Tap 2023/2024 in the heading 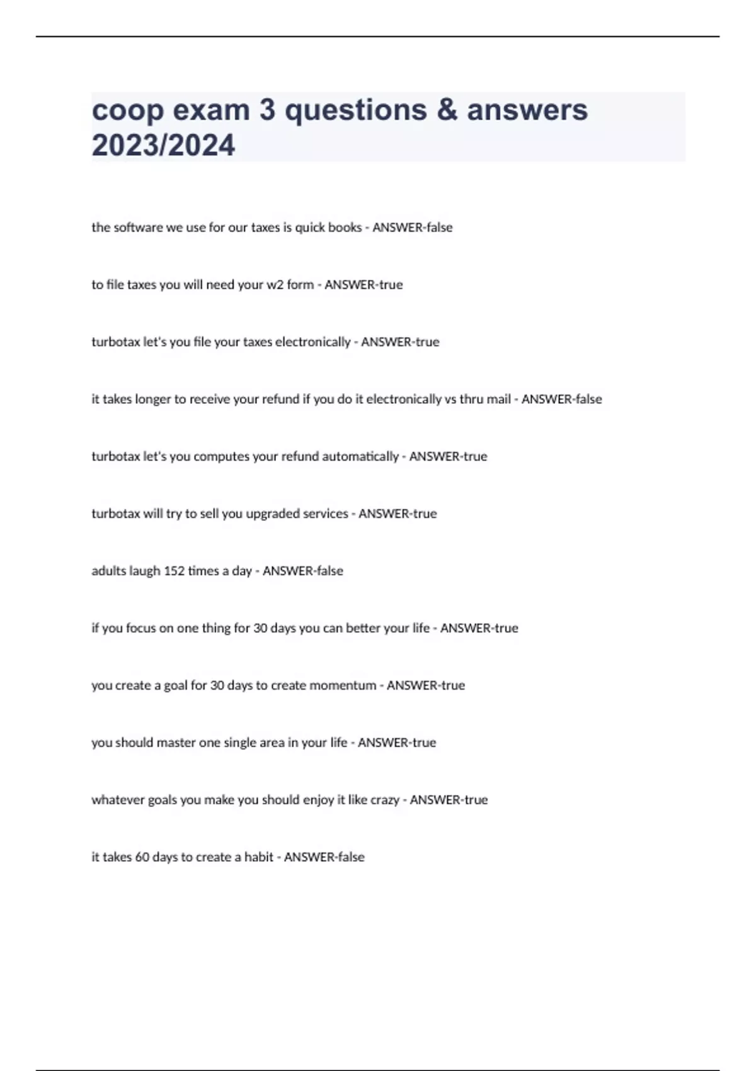coord(163,145)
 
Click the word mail coord(498,399)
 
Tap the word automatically coord(360,457)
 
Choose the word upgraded coord(273,514)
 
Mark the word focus coord(140,628)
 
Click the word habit coord(259,857)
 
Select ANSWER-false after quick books coord(413,227)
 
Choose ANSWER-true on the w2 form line coord(364,285)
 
